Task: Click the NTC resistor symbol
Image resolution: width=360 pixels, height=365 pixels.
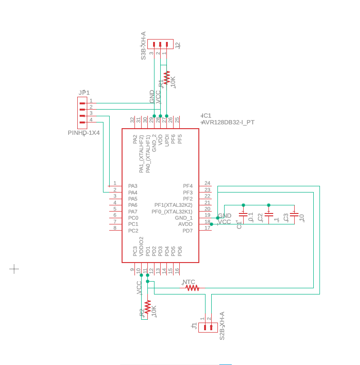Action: [192, 288]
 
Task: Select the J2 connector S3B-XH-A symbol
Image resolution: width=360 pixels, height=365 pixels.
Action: [160, 44]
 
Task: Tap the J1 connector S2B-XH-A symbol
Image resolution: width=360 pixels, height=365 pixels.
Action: [208, 327]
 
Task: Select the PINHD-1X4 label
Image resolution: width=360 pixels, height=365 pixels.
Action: [84, 133]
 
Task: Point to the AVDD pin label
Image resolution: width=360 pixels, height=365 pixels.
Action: [185, 224]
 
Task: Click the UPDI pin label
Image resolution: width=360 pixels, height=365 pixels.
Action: [167, 140]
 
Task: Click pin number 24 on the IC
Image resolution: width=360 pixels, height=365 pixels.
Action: [207, 183]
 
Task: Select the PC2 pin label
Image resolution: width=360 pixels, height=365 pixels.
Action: [133, 231]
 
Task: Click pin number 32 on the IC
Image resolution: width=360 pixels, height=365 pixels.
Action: [133, 120]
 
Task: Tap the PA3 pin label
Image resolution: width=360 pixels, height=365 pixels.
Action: [133, 186]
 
